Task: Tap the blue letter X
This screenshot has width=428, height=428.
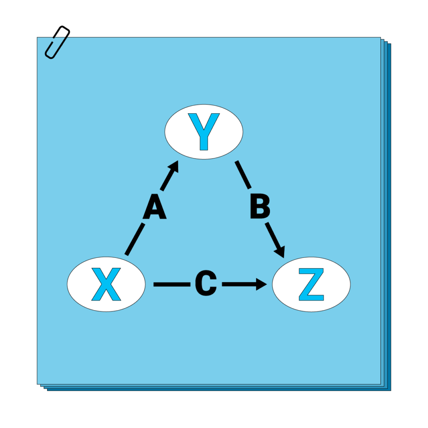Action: (x=106, y=285)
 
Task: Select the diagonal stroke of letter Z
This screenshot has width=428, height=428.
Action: (x=311, y=285)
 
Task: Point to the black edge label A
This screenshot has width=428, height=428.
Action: (x=155, y=209)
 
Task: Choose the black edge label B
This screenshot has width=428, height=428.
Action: (x=260, y=207)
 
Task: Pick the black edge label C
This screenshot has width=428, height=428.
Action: (x=206, y=284)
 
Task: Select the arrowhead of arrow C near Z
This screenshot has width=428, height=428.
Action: (x=262, y=285)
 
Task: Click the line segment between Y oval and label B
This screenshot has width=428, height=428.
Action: (x=243, y=175)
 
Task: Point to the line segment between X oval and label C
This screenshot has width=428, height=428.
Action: (x=171, y=285)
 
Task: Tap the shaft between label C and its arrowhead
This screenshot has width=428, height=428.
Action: (x=238, y=285)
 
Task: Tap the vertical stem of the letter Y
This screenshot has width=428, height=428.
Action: (x=204, y=140)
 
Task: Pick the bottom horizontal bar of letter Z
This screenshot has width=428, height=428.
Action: (x=311, y=298)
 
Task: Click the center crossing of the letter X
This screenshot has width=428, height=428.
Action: (x=106, y=285)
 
